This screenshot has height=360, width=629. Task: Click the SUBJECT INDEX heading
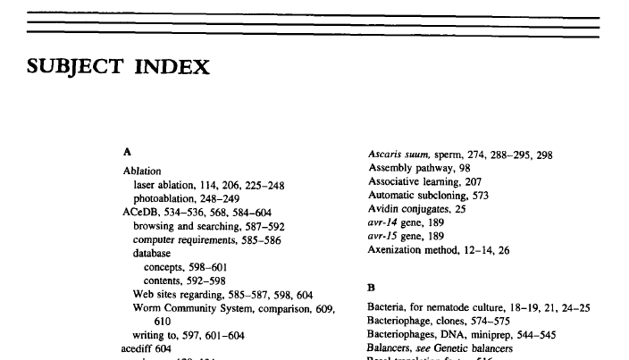pos(119,66)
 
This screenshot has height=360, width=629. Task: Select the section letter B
pos(372,288)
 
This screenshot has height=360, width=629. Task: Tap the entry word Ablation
pos(142,171)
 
